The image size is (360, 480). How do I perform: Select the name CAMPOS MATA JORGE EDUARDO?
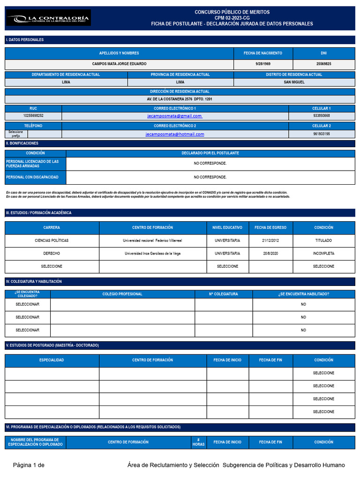click(119, 64)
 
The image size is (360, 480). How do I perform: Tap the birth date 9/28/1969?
click(263, 64)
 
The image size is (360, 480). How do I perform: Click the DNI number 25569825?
click(324, 64)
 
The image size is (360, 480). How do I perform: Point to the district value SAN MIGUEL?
click(294, 82)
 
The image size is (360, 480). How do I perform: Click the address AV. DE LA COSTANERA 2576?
click(180, 99)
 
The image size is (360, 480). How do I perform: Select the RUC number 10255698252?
click(33, 116)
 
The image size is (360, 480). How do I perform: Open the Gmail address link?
click(174, 116)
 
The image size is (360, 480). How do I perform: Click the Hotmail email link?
click(174, 134)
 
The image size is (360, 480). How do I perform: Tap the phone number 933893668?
click(322, 116)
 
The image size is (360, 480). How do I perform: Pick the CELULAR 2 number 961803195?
click(322, 134)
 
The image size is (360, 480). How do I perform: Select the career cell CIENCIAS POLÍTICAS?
click(52, 240)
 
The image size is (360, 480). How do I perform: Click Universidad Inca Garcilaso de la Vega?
click(152, 254)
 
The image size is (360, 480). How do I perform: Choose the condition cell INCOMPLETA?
click(323, 254)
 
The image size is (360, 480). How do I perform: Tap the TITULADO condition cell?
click(323, 240)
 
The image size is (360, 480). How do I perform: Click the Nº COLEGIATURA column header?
click(223, 294)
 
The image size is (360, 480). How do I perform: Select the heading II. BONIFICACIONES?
click(22, 143)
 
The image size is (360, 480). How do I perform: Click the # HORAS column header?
click(198, 442)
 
